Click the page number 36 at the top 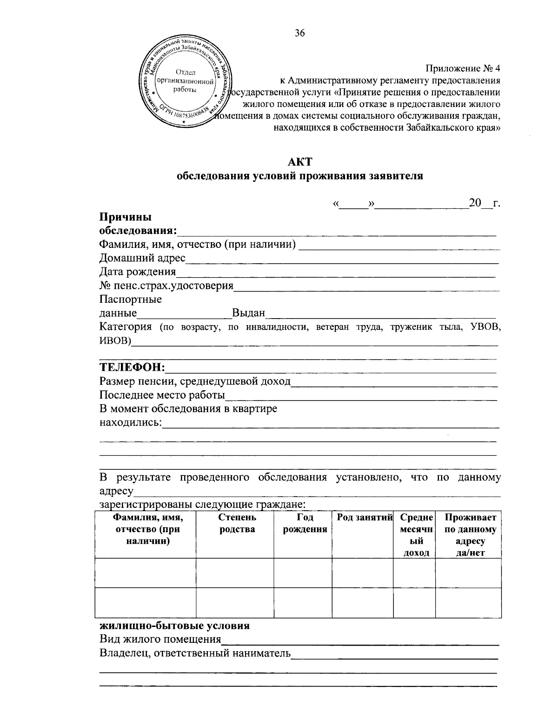pyautogui.click(x=299, y=33)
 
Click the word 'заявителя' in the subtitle pyautogui.click(x=396, y=176)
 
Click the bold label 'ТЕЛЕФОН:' pyautogui.click(x=133, y=368)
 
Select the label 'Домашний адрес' pyautogui.click(x=143, y=258)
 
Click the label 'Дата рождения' pyautogui.click(x=138, y=272)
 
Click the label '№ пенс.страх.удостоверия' pyautogui.click(x=166, y=285)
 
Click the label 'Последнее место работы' pyautogui.click(x=162, y=395)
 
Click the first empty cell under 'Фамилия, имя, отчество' pyautogui.click(x=146, y=573)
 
